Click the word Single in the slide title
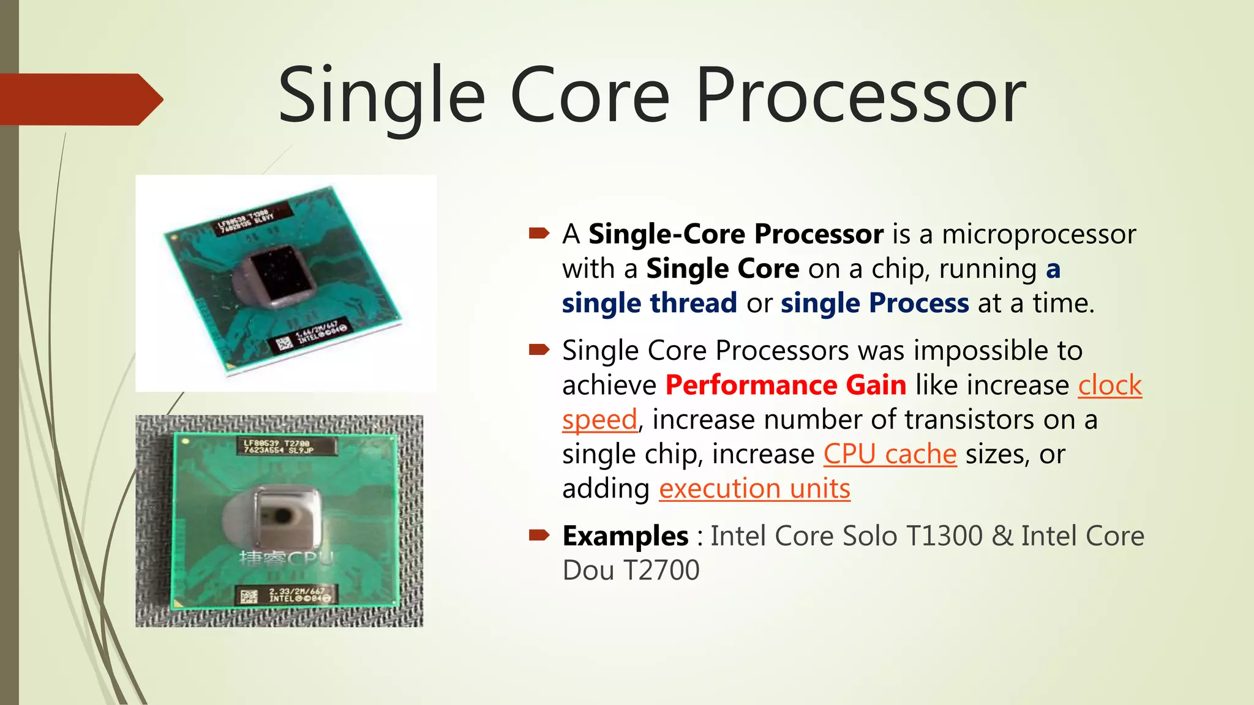[x=381, y=97]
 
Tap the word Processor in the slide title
[x=860, y=97]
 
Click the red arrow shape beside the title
[x=80, y=99]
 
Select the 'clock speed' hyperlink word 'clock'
[x=1109, y=386]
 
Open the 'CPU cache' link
[x=890, y=454]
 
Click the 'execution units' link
[x=754, y=489]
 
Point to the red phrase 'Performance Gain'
[x=786, y=386]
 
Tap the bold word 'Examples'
[x=625, y=536]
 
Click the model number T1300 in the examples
[x=944, y=536]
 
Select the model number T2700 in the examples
[x=661, y=570]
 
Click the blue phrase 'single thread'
[x=649, y=304]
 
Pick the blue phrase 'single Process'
[x=874, y=304]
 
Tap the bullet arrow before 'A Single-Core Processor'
[x=539, y=233]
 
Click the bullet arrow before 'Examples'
[x=539, y=535]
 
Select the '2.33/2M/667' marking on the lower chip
[x=296, y=592]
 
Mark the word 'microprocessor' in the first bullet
[x=1038, y=234]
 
